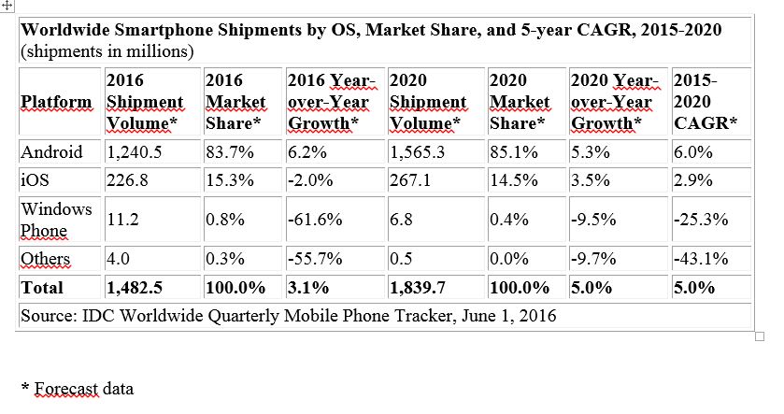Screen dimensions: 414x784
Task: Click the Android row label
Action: (x=51, y=152)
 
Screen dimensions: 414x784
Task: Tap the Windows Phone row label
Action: (x=56, y=220)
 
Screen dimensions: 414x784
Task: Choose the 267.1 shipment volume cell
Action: (x=412, y=180)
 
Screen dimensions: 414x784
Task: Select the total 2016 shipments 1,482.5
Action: (x=138, y=288)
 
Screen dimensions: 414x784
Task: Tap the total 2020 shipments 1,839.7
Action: (x=421, y=288)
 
